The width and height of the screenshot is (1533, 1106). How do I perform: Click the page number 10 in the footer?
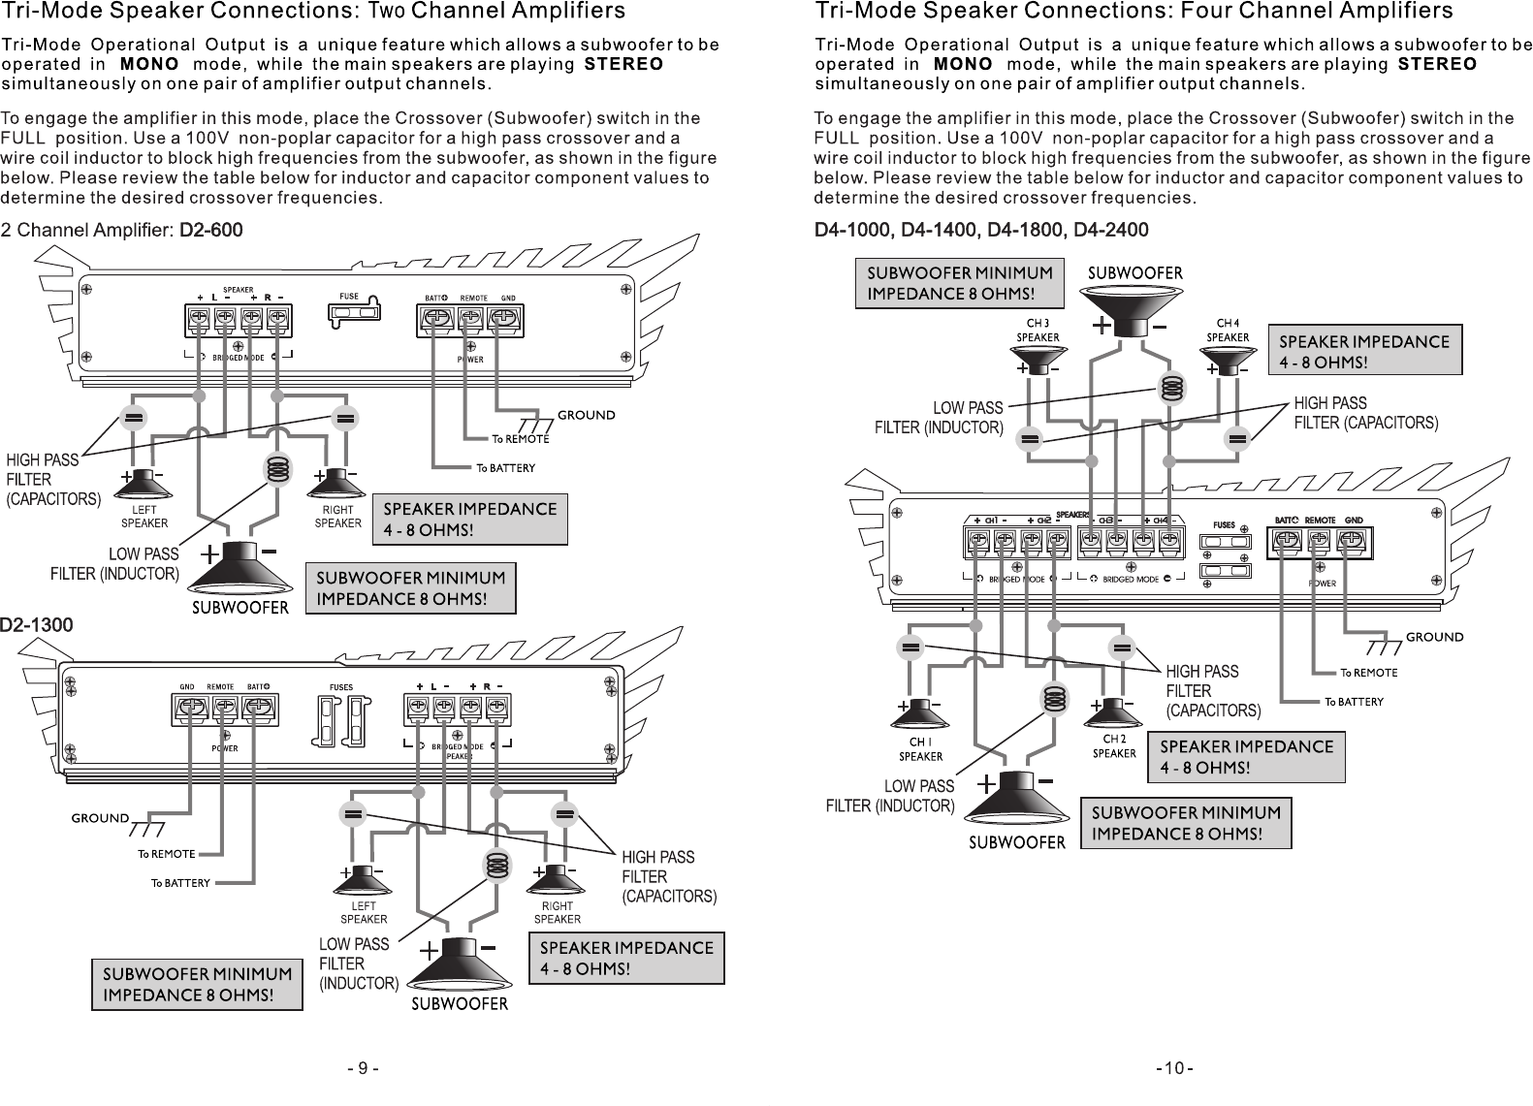tap(1174, 1068)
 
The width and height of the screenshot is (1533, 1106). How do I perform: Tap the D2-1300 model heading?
tap(37, 625)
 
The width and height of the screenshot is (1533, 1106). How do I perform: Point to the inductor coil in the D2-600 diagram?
tap(278, 469)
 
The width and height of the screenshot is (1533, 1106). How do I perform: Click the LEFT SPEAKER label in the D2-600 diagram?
tap(144, 516)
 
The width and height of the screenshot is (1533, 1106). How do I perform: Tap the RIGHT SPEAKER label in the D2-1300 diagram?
tap(557, 913)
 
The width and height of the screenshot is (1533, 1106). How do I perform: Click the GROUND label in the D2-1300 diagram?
tap(100, 818)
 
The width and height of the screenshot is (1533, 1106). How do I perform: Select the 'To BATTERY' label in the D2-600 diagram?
tap(504, 469)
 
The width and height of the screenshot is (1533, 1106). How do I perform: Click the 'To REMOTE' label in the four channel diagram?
tap(1368, 673)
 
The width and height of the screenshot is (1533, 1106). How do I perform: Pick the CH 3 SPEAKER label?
tap(1038, 331)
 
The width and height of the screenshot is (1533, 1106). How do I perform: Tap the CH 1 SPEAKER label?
tap(920, 749)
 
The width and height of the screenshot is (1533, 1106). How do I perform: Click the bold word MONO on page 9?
tap(149, 64)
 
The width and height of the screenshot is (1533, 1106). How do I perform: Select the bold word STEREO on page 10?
tap(1436, 64)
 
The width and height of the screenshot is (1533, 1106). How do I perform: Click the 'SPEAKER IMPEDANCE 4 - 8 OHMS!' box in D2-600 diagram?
tap(470, 520)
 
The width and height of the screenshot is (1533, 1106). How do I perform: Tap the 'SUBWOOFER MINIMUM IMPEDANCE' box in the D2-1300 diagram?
tap(197, 984)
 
